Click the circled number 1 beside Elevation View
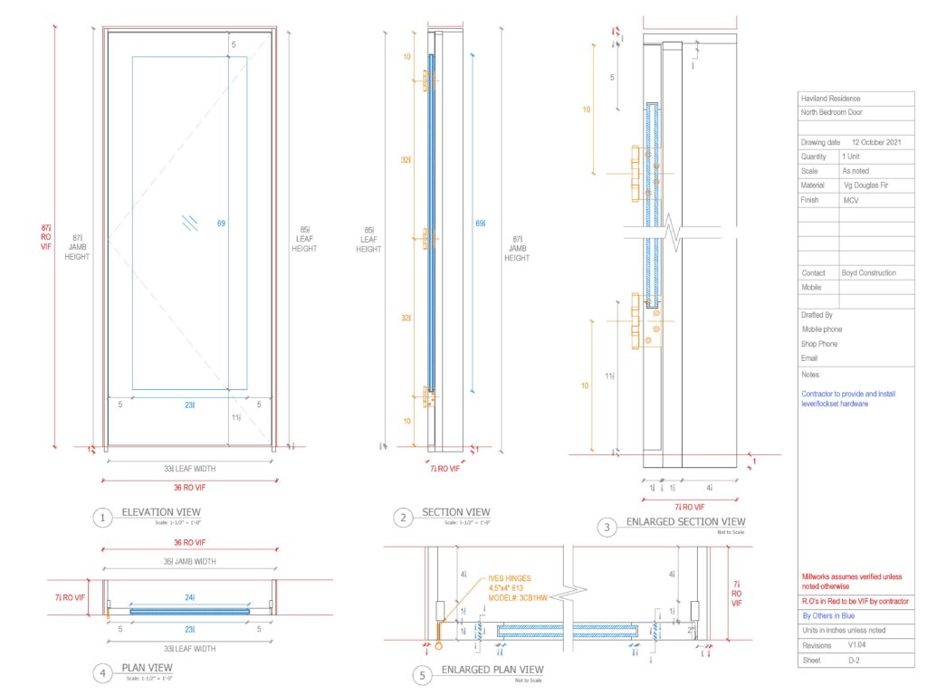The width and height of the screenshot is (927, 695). [x=103, y=518]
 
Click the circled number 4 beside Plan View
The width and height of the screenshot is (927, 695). [x=103, y=672]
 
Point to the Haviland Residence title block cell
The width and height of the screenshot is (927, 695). [x=831, y=99]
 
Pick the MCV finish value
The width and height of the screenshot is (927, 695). [x=851, y=200]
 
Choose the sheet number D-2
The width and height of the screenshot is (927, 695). [x=853, y=662]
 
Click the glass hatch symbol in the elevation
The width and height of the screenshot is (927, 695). [x=189, y=223]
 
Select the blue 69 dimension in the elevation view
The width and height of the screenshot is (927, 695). [x=221, y=223]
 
